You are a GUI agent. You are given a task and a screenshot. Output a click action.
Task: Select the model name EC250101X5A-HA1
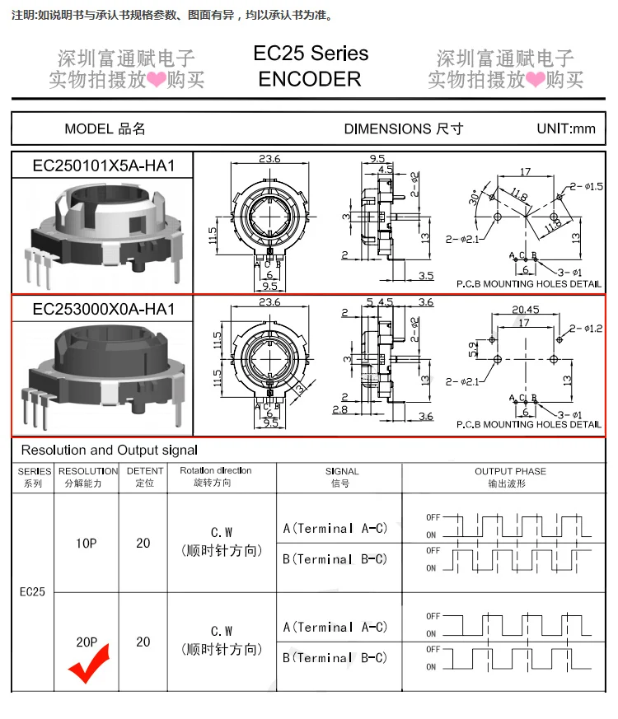click(103, 165)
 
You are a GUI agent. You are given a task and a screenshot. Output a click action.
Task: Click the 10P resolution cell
click(87, 544)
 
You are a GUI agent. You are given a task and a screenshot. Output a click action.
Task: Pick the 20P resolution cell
click(87, 642)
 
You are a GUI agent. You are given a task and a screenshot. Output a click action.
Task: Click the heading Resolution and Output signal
click(110, 450)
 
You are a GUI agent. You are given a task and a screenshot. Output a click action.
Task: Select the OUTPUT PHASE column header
click(510, 471)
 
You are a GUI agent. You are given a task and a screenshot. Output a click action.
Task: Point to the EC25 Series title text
click(311, 54)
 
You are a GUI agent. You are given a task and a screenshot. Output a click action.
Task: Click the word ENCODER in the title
click(310, 79)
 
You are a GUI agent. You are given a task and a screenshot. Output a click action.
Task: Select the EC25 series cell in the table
click(32, 591)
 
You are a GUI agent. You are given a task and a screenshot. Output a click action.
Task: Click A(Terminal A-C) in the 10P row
click(335, 528)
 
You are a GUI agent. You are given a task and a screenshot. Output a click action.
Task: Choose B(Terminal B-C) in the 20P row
click(335, 657)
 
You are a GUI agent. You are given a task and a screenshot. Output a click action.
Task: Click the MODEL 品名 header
click(105, 128)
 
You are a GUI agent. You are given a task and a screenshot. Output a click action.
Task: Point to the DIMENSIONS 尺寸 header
click(403, 128)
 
